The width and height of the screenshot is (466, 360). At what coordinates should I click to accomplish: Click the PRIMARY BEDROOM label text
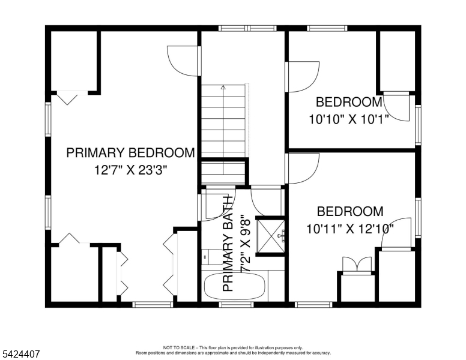pos(130,153)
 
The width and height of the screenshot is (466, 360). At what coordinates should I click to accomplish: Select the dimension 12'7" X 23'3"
pos(130,170)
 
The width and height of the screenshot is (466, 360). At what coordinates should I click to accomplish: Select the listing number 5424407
pos(20,354)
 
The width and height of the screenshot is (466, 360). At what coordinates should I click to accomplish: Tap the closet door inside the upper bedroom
pos(396,107)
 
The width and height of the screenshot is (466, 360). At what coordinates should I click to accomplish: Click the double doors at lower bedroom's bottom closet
pos(357,265)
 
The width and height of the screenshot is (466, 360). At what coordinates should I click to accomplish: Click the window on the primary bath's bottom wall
pos(228,305)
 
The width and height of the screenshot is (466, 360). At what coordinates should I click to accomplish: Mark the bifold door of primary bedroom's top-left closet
pos(66,96)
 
